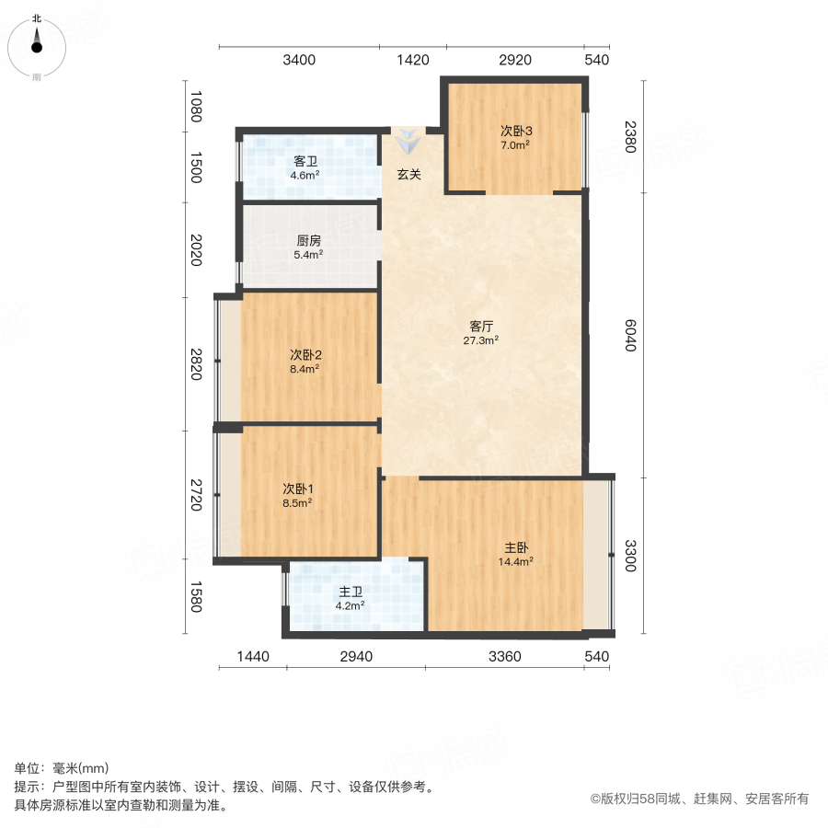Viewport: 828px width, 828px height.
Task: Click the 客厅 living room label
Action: [x=481, y=327]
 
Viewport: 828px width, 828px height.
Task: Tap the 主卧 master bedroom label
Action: [x=516, y=547]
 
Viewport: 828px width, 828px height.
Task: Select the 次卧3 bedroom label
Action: [x=516, y=131]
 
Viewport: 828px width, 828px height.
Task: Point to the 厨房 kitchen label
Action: [x=309, y=241]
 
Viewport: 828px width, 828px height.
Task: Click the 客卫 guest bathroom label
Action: [x=305, y=162]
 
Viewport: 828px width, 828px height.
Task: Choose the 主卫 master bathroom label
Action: [x=351, y=592]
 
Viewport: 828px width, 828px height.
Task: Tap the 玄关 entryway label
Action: [x=409, y=174]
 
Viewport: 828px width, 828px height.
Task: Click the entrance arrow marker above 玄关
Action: [x=408, y=142]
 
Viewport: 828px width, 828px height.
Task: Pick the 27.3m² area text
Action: [x=480, y=340]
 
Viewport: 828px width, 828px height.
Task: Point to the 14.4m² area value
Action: [x=516, y=562]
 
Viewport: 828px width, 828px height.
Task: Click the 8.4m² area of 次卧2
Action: [x=305, y=369]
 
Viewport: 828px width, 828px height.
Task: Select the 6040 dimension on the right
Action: [x=630, y=335]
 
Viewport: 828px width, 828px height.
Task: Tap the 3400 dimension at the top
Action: [x=299, y=60]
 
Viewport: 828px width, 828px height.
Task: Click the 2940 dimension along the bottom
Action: [x=356, y=656]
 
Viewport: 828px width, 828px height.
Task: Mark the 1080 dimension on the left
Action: [x=196, y=107]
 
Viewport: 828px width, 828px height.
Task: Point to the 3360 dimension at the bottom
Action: [x=505, y=656]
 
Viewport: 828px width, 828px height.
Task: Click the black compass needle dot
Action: [x=37, y=48]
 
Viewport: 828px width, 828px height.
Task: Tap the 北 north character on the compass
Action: [x=37, y=18]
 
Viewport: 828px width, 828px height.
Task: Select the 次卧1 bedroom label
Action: [x=298, y=489]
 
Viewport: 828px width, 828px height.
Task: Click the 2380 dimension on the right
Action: [x=630, y=137]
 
